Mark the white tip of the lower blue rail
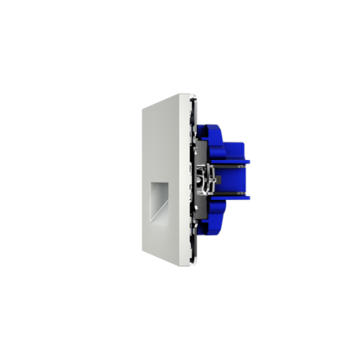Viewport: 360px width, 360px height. (x=250, y=197)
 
